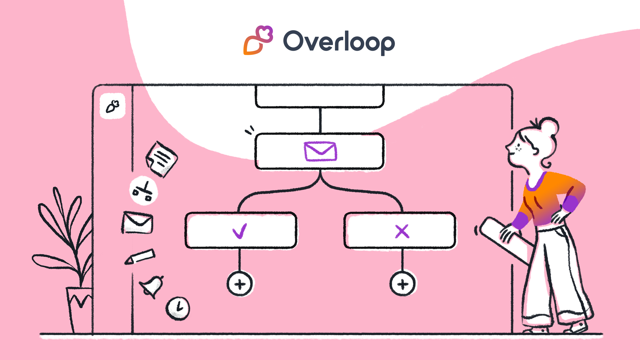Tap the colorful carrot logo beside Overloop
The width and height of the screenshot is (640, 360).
coord(258,40)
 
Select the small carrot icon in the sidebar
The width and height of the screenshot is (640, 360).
coord(112,106)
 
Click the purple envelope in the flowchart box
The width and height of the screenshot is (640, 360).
coord(320,151)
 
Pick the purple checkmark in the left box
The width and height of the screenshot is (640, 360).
coord(240,231)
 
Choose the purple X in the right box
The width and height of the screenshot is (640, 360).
coord(402,231)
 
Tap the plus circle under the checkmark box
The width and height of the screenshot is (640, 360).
coord(240,284)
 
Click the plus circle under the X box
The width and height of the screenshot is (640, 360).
coord(403,284)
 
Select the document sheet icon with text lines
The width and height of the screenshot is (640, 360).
coord(161,159)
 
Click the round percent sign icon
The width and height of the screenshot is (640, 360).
coord(143,191)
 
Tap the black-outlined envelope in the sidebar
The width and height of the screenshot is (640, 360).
coord(137,223)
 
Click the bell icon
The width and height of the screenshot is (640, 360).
coord(152,286)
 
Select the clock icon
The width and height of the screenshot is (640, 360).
coord(178,308)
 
